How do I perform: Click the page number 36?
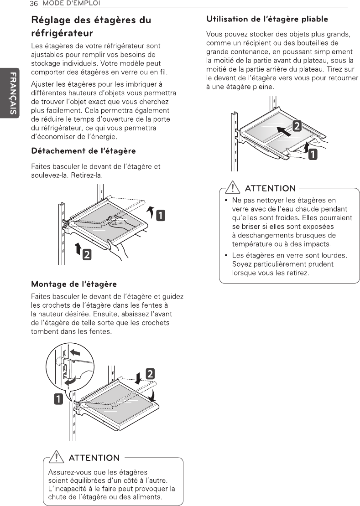click(x=33, y=4)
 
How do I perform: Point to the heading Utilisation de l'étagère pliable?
click(x=267, y=19)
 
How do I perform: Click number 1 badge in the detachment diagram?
click(x=161, y=215)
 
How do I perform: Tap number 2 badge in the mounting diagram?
click(x=149, y=373)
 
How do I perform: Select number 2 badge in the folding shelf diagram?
click(x=296, y=126)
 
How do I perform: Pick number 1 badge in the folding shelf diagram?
click(x=313, y=155)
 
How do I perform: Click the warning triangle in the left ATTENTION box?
click(x=57, y=456)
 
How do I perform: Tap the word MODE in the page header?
click(x=52, y=4)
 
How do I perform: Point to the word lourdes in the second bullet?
click(x=331, y=255)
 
